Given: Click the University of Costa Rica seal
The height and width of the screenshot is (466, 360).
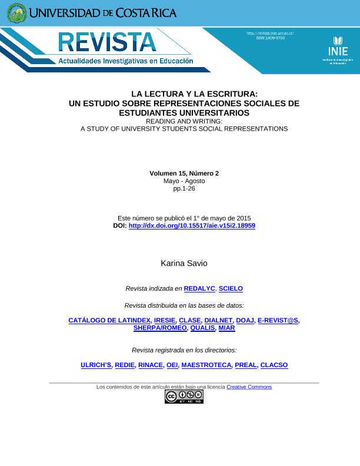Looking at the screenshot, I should tap(16, 13).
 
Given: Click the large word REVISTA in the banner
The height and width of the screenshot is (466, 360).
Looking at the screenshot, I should tap(107, 42).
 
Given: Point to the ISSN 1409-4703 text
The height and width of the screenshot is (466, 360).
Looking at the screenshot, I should tap(270, 38).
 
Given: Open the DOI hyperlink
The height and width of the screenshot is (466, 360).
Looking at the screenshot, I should tap(192, 226).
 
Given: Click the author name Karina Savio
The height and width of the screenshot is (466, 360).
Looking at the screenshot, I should tap(184, 263).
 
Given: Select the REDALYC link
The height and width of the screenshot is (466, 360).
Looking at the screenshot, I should tap(199, 289).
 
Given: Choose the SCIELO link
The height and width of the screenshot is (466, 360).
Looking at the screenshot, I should tap(231, 289).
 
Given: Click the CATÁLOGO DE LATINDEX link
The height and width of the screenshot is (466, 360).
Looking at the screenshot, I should tap(109, 321).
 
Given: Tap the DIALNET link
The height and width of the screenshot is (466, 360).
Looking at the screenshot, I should tap(218, 321).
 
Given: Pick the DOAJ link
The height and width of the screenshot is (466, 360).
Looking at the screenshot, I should tap(245, 321).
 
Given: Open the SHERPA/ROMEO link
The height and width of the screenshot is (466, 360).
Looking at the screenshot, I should tap(160, 328).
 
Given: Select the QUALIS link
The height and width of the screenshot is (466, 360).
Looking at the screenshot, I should tap(202, 328).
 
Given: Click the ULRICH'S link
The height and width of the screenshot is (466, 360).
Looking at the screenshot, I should tap(96, 365).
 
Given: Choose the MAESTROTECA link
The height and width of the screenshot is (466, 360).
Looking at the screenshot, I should tap(206, 365).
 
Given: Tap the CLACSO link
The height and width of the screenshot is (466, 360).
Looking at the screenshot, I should tap(274, 365).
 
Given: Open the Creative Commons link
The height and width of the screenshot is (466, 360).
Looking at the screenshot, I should tap(249, 387).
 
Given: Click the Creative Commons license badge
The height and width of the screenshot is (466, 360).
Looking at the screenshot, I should tap(184, 397).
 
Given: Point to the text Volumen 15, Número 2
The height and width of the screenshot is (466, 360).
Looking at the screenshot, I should tap(184, 174).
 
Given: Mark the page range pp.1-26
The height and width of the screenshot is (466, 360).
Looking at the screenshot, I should tap(184, 189).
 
